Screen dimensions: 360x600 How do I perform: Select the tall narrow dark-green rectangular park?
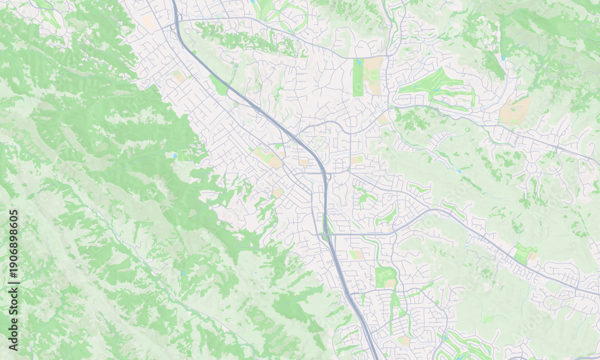tap(358, 78)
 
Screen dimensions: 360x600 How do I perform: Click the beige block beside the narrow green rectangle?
tap(374, 75)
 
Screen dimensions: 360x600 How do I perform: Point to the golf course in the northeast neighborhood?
tap(435, 87)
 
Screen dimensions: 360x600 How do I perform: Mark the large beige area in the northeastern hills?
tap(515, 111)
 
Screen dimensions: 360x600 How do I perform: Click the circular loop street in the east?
tap(533, 170)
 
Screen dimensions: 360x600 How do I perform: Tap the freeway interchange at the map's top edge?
tap(176, 24)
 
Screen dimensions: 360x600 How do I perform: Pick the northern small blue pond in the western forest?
tap(175, 155)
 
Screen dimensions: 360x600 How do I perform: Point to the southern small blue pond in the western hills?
tap(182, 273)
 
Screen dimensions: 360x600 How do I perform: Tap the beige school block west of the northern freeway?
tap(179, 77)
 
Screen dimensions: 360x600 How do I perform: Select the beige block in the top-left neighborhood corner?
tap(148, 22)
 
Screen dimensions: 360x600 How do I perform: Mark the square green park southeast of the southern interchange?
tap(385, 277)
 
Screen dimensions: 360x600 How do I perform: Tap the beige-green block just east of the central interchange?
tap(356, 160)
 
